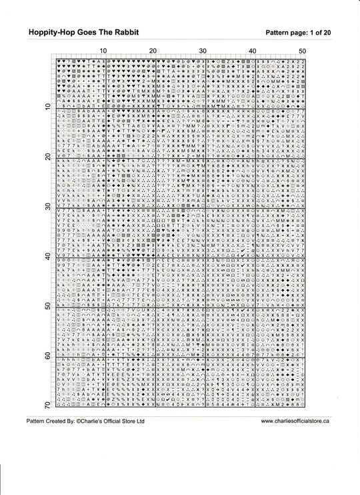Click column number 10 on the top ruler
point(103,51)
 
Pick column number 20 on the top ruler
point(153,51)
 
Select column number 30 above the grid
point(203,51)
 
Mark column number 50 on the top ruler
point(302,51)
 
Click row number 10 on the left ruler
point(47,107)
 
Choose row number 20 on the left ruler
point(47,157)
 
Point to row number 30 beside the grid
point(47,207)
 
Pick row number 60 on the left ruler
point(47,356)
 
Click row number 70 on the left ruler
point(47,406)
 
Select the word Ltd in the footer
point(141,422)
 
